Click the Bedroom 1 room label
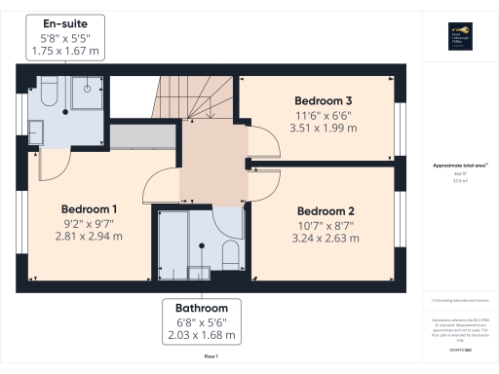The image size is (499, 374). (89, 209)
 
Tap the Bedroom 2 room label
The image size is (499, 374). (325, 211)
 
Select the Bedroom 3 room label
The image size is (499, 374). (323, 100)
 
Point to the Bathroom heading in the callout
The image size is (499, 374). (202, 308)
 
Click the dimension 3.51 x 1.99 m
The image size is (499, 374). (323, 127)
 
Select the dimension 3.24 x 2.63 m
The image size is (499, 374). (325, 238)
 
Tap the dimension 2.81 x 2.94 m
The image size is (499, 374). (89, 236)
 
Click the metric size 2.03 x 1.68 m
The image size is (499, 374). (202, 335)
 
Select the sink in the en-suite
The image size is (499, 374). (36, 131)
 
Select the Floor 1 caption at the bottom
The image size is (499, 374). (211, 357)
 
